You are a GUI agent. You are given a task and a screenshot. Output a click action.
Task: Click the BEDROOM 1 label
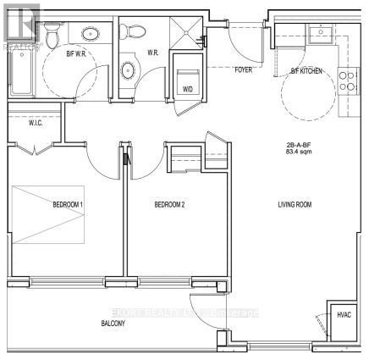pyautogui.click(x=67, y=204)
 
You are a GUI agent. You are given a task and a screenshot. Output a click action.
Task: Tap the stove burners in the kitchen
pyautogui.click(x=346, y=80)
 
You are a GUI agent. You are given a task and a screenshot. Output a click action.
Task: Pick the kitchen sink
pyautogui.click(x=322, y=34)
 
